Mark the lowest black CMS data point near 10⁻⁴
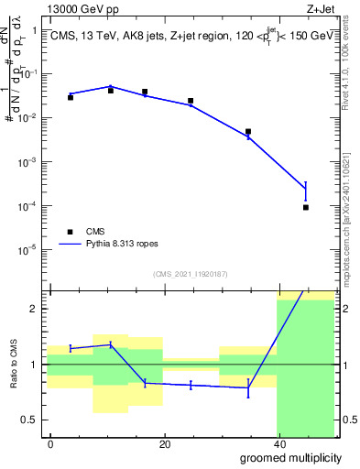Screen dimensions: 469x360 [306, 207]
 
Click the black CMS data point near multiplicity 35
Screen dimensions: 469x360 [248, 132]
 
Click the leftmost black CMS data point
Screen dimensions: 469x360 [71, 97]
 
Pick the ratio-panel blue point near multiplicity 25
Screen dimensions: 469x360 [191, 386]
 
